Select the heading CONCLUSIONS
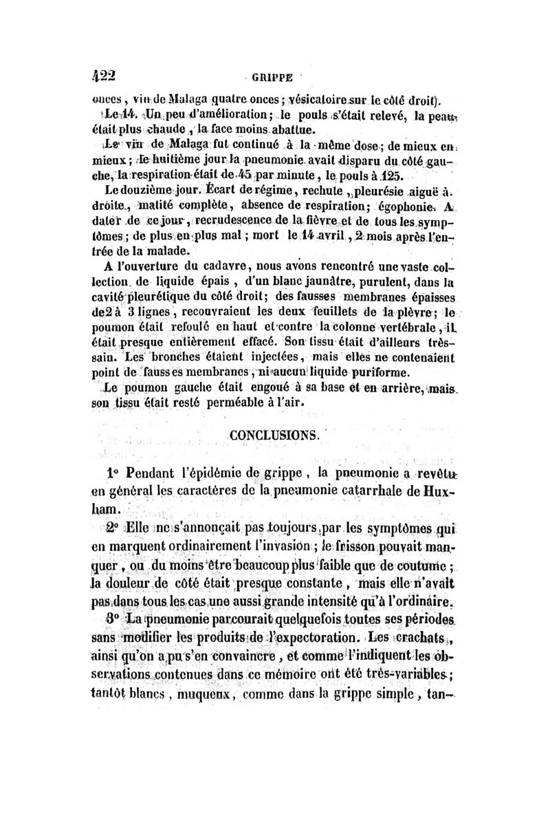[x=272, y=435]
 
